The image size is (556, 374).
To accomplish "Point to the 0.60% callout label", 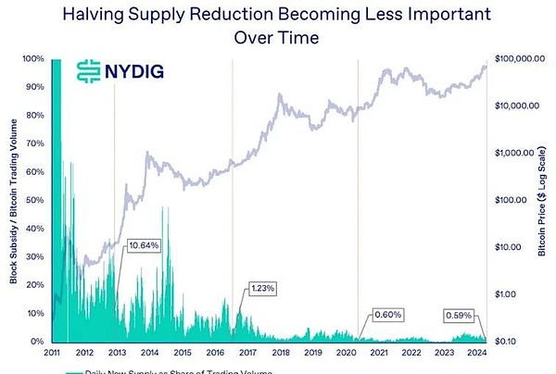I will [386, 315].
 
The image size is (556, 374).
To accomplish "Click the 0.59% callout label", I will [461, 315].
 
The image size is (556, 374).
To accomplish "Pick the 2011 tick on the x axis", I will [52, 353].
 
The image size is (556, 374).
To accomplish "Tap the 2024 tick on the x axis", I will [475, 353].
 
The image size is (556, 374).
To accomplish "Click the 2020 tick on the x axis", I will [346, 353].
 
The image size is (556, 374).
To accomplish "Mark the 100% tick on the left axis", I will [32, 58].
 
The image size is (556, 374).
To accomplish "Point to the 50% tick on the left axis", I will [34, 200].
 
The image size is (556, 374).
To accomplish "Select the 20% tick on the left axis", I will [34, 285].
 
